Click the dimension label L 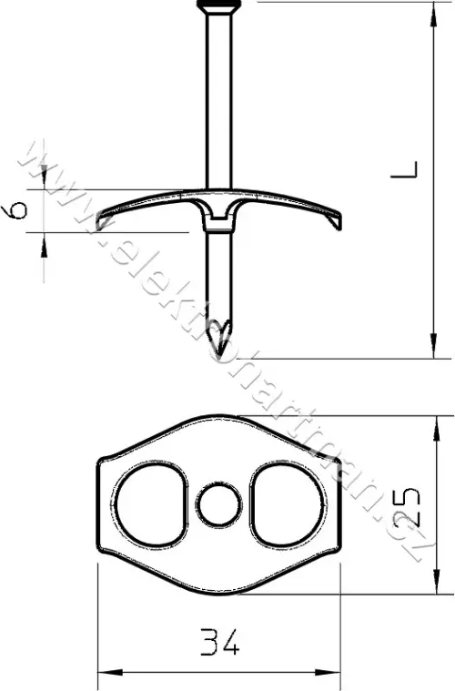coord(404,170)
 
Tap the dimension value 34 coord(219,641)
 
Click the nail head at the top coord(219,5)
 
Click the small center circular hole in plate coord(219,505)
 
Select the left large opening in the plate coord(151,504)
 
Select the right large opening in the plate coord(288,504)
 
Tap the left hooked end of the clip coord(105,219)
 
